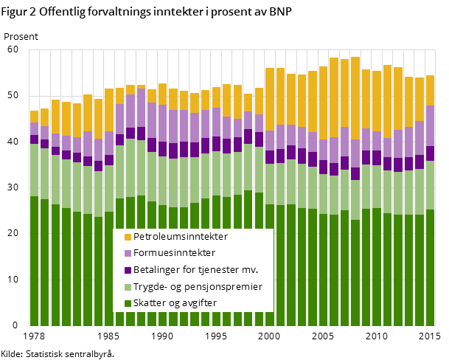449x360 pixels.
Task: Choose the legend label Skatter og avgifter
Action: (x=176, y=303)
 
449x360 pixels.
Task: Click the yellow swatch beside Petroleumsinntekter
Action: (x=128, y=237)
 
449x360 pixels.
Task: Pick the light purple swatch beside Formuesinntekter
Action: (x=128, y=253)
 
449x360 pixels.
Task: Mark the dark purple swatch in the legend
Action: (x=128, y=270)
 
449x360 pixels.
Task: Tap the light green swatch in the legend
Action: (x=128, y=287)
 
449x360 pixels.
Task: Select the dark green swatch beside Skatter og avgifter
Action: (x=128, y=303)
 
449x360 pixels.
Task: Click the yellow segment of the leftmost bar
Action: (x=34, y=117)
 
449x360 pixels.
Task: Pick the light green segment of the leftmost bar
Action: (x=34, y=170)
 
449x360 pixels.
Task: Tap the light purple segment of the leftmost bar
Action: (x=34, y=129)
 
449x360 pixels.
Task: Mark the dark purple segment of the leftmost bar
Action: (x=34, y=139)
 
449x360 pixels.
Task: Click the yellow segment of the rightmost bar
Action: (x=430, y=90)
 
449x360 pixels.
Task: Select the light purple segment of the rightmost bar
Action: (x=430, y=126)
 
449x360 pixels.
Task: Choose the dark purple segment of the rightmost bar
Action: (x=430, y=153)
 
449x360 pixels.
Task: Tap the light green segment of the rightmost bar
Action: (x=430, y=185)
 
